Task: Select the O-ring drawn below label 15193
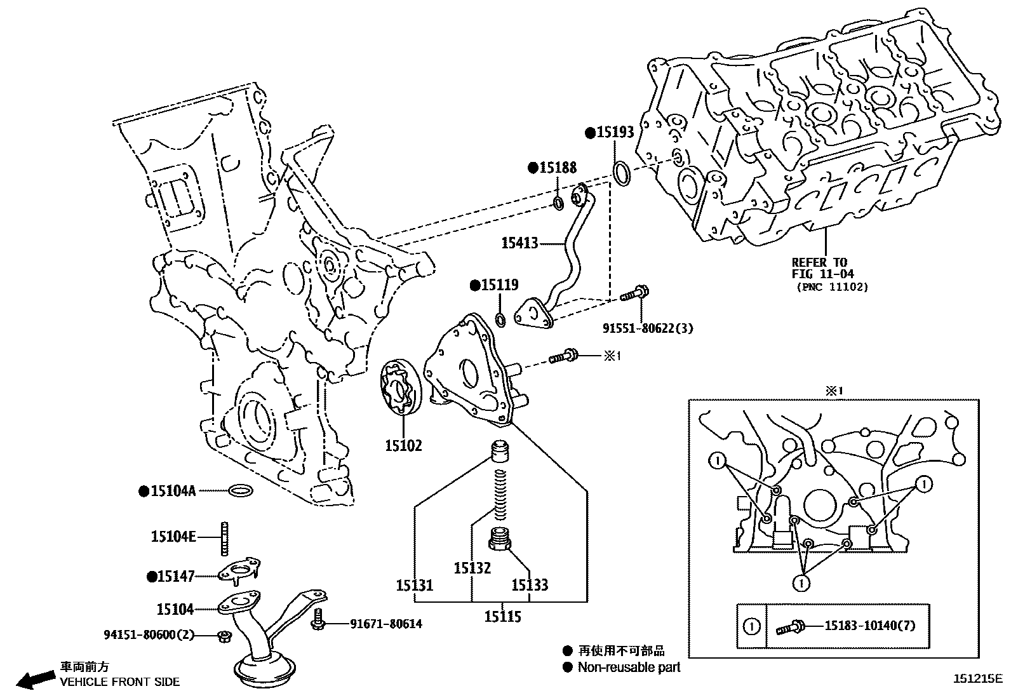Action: point(622,173)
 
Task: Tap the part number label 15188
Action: point(558,168)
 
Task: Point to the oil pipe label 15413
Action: point(519,243)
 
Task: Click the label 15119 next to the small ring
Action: point(499,285)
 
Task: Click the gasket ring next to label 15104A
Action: point(241,490)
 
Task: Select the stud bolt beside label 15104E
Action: point(225,537)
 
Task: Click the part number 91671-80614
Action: point(385,624)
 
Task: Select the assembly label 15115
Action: point(502,617)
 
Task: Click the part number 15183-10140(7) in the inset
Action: point(870,626)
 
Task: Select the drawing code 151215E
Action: point(977,678)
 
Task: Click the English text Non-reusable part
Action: point(629,667)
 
